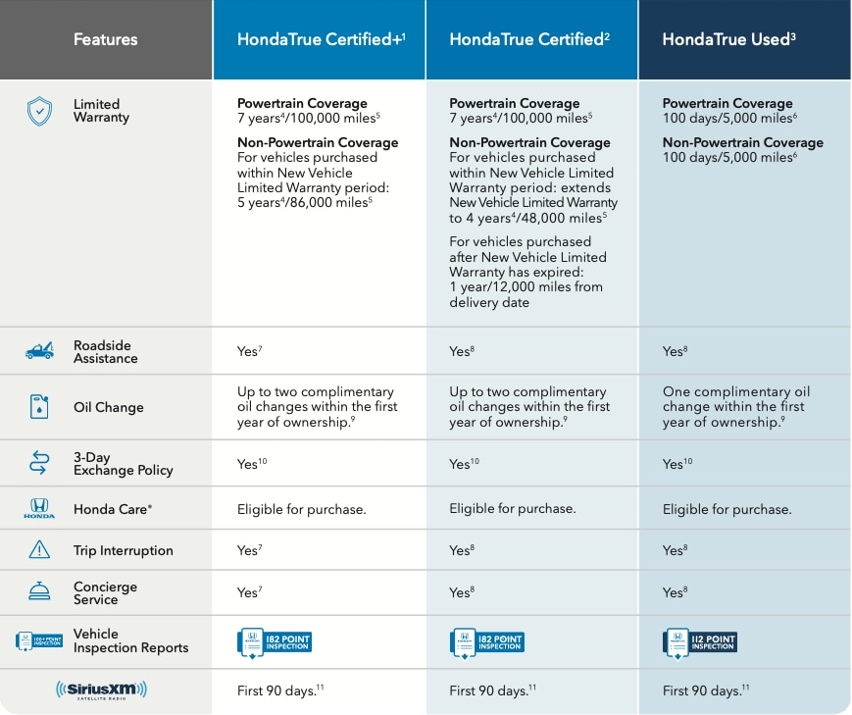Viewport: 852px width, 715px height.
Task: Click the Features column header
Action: coord(105,40)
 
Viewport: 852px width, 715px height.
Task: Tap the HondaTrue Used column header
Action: coord(728,40)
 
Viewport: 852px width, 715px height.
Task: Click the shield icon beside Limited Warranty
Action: coord(39,111)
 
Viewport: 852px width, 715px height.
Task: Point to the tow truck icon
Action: coord(39,351)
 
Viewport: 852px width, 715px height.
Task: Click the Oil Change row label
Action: coord(108,407)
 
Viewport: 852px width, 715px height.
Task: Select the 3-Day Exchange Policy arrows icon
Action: coord(39,463)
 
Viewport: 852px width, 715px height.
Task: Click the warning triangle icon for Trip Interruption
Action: coord(39,550)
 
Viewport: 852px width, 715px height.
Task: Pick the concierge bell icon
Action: coord(39,592)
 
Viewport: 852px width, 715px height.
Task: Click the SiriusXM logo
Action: coord(101,690)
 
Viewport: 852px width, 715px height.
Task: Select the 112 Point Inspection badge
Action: coord(699,642)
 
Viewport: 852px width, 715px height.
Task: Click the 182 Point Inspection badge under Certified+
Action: coord(275,642)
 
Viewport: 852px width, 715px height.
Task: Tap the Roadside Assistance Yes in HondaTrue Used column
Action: coord(673,351)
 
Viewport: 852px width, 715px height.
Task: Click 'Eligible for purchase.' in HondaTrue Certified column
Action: coord(512,509)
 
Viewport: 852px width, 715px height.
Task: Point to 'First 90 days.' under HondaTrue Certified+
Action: coord(276,690)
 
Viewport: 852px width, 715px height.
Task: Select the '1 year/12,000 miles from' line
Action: coord(526,287)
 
